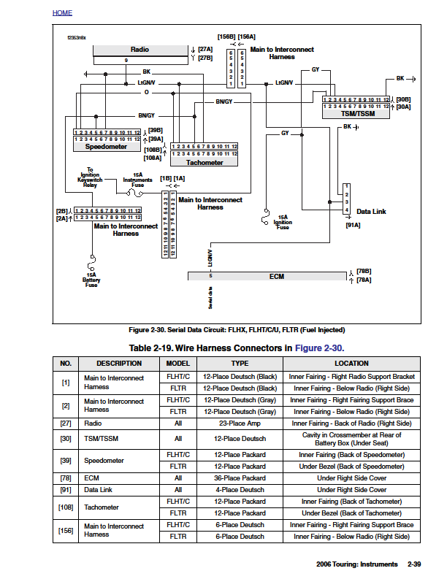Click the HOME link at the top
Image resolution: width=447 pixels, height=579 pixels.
point(62,13)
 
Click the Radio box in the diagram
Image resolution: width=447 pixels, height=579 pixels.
point(140,50)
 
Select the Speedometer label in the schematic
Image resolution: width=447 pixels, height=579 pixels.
point(106,147)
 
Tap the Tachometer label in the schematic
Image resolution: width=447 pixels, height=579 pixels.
point(205,162)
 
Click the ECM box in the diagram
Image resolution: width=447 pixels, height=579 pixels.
point(275,276)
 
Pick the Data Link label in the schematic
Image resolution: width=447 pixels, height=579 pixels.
point(371,212)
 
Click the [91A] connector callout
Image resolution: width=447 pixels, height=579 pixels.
point(353,226)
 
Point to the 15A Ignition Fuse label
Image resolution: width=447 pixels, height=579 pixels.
point(283,222)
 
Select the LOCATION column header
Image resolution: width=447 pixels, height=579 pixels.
point(351,363)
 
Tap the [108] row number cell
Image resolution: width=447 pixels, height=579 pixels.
point(66,507)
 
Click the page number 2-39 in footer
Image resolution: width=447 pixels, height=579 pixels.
point(413,564)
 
